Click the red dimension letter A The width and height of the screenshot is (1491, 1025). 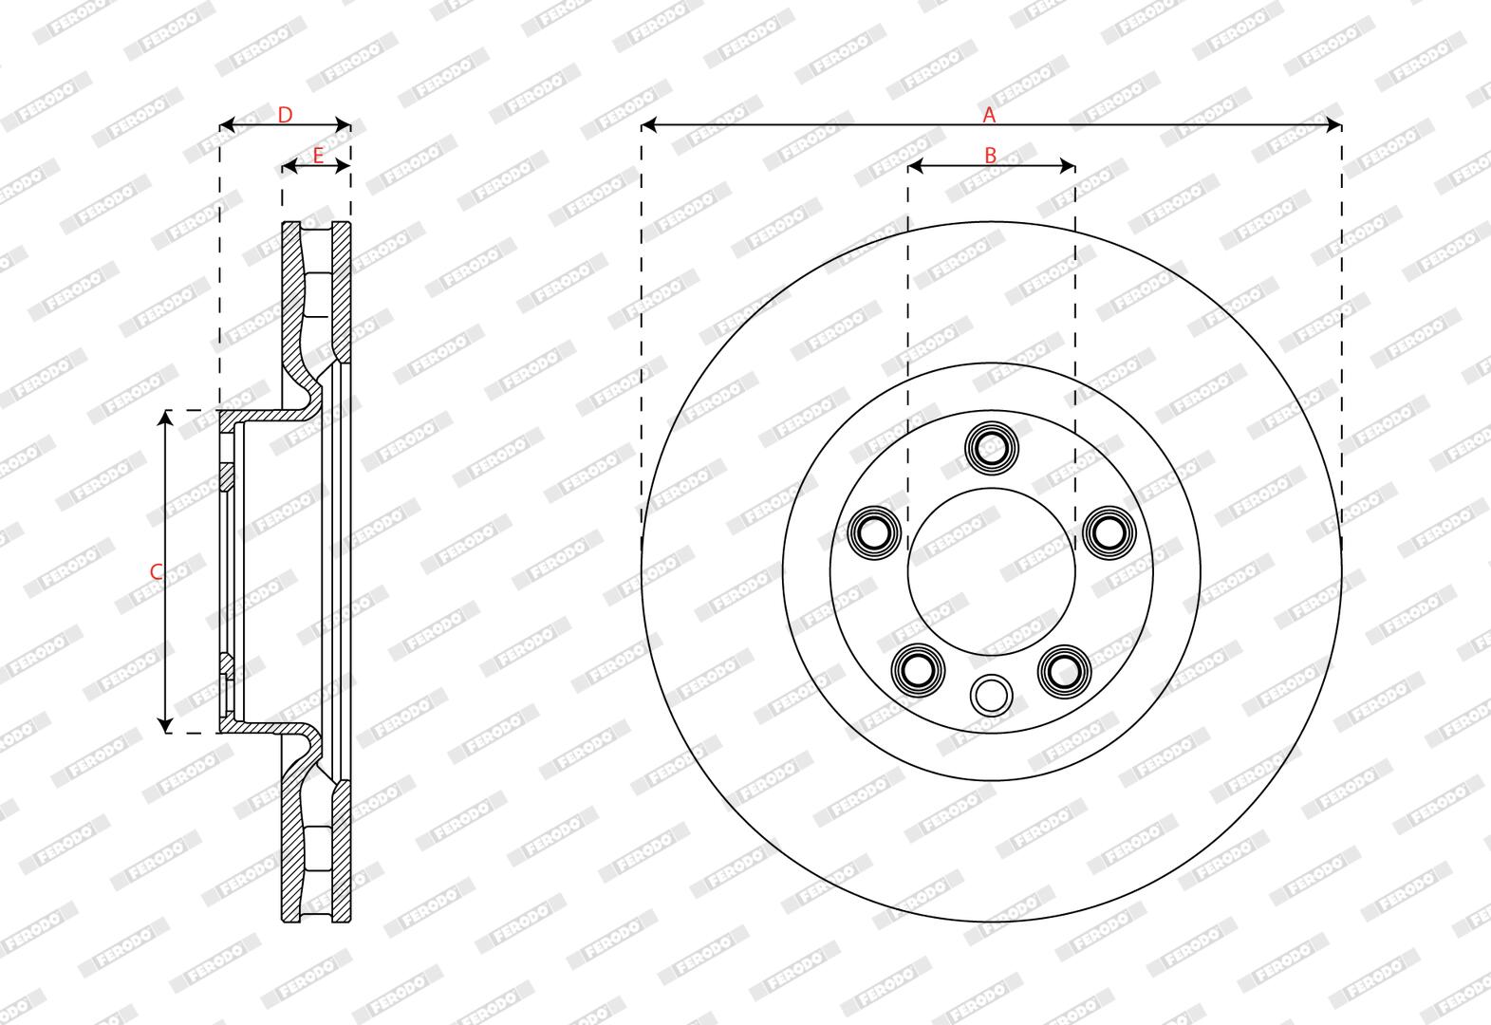click(x=989, y=115)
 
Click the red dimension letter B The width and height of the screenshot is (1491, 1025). click(x=991, y=156)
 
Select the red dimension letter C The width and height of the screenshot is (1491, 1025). click(x=156, y=571)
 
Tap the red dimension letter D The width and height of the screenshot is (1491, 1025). click(x=285, y=115)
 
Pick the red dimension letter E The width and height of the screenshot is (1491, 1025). click(x=318, y=156)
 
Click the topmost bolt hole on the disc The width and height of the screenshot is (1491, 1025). click(x=992, y=448)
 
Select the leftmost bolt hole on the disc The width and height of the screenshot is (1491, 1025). click(x=875, y=532)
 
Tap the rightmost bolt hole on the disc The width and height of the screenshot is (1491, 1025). click(x=1109, y=532)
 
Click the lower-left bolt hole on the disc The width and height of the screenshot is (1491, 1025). click(x=919, y=670)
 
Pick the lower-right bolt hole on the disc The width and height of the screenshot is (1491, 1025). click(x=1064, y=670)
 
